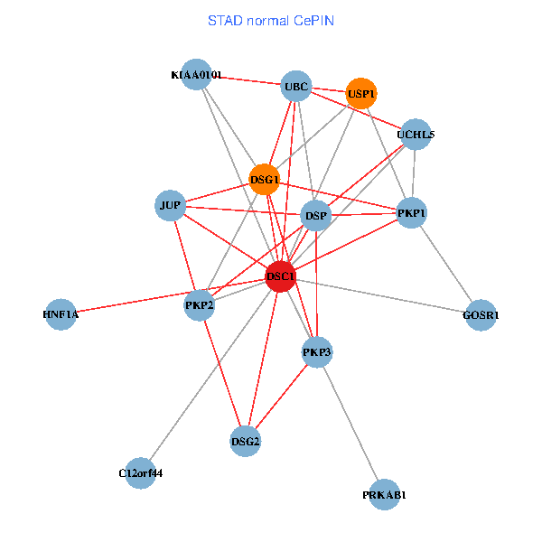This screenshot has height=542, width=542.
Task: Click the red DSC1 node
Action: [281, 276]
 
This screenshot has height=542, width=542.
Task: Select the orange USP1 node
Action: [360, 93]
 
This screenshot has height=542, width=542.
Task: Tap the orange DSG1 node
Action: [264, 179]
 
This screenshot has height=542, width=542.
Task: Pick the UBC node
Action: [295, 87]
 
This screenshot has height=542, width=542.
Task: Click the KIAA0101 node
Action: [196, 75]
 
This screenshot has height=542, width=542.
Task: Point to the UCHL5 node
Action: [416, 135]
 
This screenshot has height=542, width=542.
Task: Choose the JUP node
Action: [171, 206]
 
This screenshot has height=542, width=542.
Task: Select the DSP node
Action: [315, 216]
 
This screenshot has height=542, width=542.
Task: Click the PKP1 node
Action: [411, 213]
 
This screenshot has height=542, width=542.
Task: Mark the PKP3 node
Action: [317, 351]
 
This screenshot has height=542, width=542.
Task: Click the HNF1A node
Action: [61, 314]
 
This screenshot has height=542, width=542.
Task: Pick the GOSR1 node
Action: [481, 315]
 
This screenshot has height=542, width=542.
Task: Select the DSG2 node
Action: [245, 441]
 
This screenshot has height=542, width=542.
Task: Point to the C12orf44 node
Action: [140, 472]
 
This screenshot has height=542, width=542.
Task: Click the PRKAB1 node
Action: [385, 495]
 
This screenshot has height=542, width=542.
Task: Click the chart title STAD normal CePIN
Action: [271, 20]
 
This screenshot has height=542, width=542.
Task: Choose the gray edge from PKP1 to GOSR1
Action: [445, 264]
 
